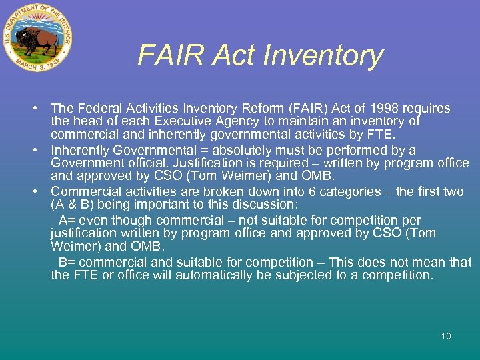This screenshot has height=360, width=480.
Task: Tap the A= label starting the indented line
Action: (x=66, y=220)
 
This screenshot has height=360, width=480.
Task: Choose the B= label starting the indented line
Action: (x=66, y=262)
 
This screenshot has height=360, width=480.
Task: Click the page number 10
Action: (x=445, y=336)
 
